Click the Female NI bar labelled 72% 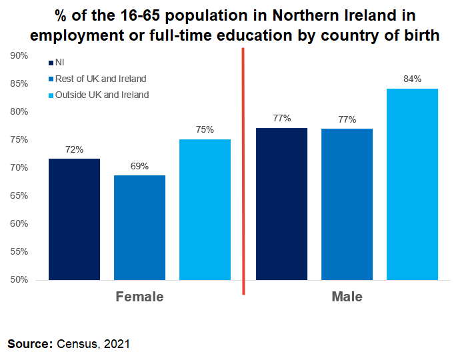point(74,219)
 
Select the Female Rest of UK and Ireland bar point(139,227)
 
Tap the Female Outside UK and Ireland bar point(205,209)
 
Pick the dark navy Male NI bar point(281,204)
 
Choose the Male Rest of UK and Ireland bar point(347,204)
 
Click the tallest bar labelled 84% point(412,184)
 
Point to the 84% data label point(412,79)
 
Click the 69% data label point(139,166)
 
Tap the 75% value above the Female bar point(205,129)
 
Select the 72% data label point(74,149)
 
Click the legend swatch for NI point(51,63)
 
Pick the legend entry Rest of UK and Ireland point(100,79)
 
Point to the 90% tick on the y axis point(19,56)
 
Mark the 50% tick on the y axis point(19,279)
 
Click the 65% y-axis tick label point(19,195)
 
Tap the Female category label point(139,297)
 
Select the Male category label point(347,297)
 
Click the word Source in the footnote point(29,344)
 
